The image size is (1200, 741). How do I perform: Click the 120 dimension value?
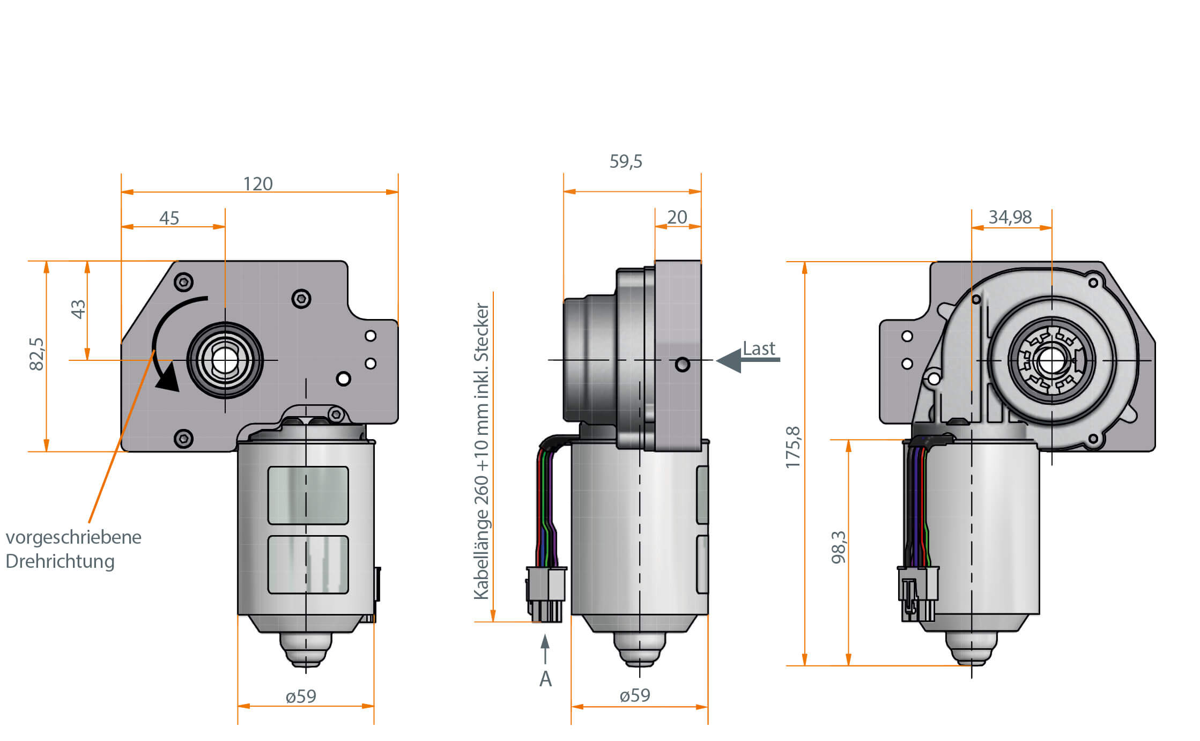click(x=258, y=184)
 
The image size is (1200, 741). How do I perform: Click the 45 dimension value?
click(x=169, y=218)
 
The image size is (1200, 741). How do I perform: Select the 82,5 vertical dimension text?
click(x=36, y=354)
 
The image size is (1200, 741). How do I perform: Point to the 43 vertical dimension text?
click(x=78, y=309)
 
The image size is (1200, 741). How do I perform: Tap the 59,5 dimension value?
click(x=626, y=161)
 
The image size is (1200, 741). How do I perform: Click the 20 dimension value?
click(x=677, y=217)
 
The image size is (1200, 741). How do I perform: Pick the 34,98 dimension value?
click(x=1010, y=217)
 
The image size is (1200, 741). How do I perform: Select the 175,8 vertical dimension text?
click(x=793, y=448)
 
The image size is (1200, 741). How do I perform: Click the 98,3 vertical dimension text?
click(x=839, y=547)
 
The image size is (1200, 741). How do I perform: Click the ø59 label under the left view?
click(x=301, y=696)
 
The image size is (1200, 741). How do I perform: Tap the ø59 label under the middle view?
click(x=635, y=695)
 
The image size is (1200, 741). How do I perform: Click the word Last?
click(x=759, y=349)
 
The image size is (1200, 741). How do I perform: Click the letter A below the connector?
click(x=545, y=679)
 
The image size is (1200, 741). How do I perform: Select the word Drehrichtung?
click(x=60, y=561)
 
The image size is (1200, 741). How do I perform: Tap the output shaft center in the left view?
click(x=225, y=360)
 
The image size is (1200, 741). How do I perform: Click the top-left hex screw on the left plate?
click(x=184, y=282)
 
